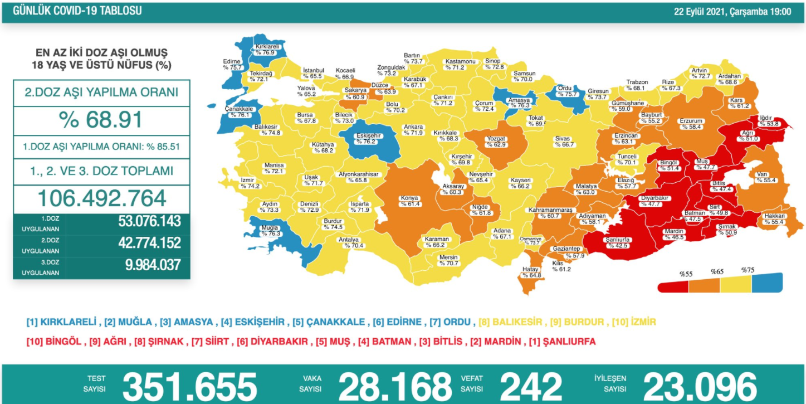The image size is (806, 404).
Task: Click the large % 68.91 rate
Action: pos(101,120)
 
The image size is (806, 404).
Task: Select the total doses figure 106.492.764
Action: pos(101,198)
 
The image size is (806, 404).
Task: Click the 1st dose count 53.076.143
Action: pos(149,221)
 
